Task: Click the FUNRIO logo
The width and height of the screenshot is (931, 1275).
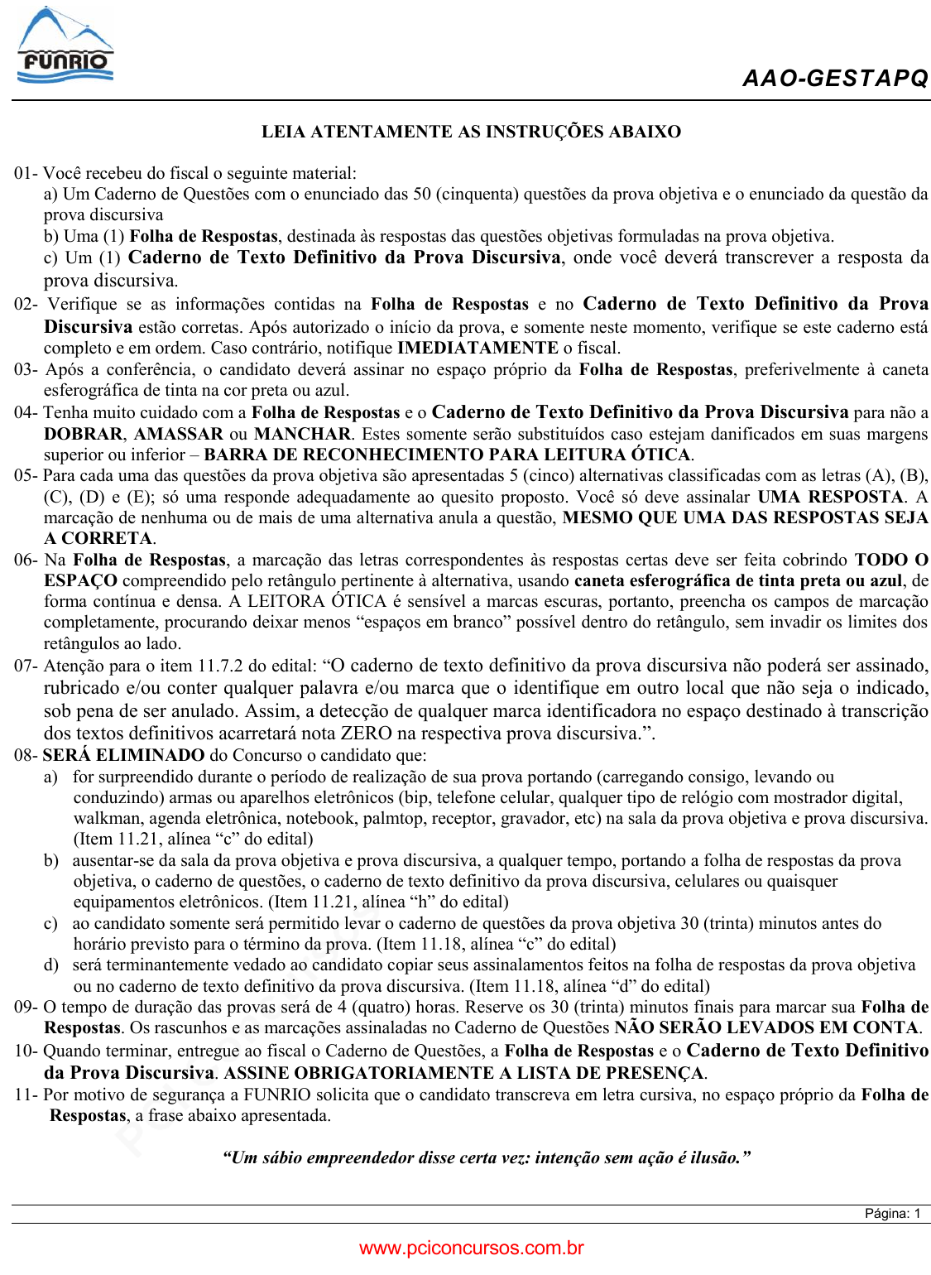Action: click(x=65, y=46)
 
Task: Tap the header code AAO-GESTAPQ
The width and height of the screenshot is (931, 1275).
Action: click(x=835, y=79)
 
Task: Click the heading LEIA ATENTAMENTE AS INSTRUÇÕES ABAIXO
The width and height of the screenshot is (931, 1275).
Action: click(x=471, y=132)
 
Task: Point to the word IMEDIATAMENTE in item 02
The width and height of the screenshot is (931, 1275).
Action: click(x=477, y=348)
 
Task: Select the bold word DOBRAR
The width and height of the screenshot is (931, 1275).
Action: click(x=84, y=434)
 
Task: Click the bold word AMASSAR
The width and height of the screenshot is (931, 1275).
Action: click(x=178, y=434)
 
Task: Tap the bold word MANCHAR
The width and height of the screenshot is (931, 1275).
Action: click(x=303, y=434)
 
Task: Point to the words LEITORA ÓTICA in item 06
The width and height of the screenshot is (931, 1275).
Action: click(x=317, y=601)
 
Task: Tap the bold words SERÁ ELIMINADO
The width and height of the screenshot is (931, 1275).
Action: click(x=123, y=755)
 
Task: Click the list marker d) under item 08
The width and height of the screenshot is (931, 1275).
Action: click(x=51, y=965)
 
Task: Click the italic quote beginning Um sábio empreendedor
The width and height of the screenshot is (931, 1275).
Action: click(x=487, y=1157)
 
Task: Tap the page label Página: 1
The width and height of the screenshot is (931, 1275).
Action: click(x=892, y=1214)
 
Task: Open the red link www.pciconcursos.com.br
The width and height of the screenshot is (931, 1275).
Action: click(x=471, y=1249)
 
